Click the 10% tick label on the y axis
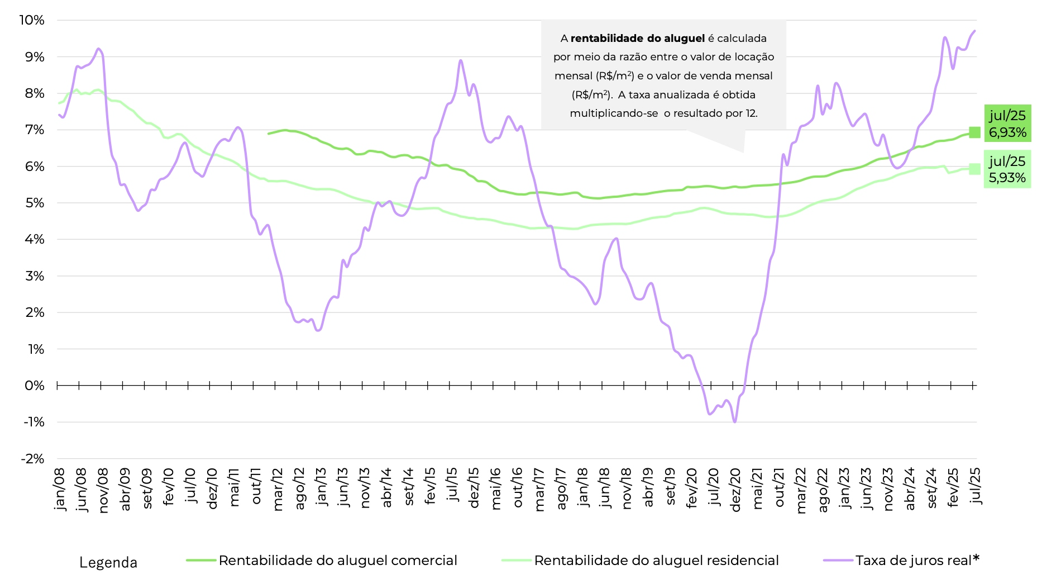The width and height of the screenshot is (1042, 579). [x=32, y=20]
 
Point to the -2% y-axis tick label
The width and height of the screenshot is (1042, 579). [x=32, y=459]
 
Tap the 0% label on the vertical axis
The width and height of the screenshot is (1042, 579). [x=35, y=386]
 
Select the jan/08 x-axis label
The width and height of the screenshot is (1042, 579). [x=60, y=490]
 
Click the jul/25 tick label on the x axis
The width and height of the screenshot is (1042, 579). [x=976, y=486]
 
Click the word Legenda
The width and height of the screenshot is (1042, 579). [x=108, y=562]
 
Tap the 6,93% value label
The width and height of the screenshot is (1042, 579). [x=1007, y=132]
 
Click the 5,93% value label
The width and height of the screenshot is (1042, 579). [x=1007, y=178]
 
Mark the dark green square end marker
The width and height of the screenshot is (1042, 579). [x=974, y=132]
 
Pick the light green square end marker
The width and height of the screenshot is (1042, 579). [x=974, y=169]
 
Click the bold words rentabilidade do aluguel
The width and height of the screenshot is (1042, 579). [x=637, y=39]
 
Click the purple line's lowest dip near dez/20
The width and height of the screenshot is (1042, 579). [x=734, y=422]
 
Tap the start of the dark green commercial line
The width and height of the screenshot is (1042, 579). [x=269, y=134]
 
